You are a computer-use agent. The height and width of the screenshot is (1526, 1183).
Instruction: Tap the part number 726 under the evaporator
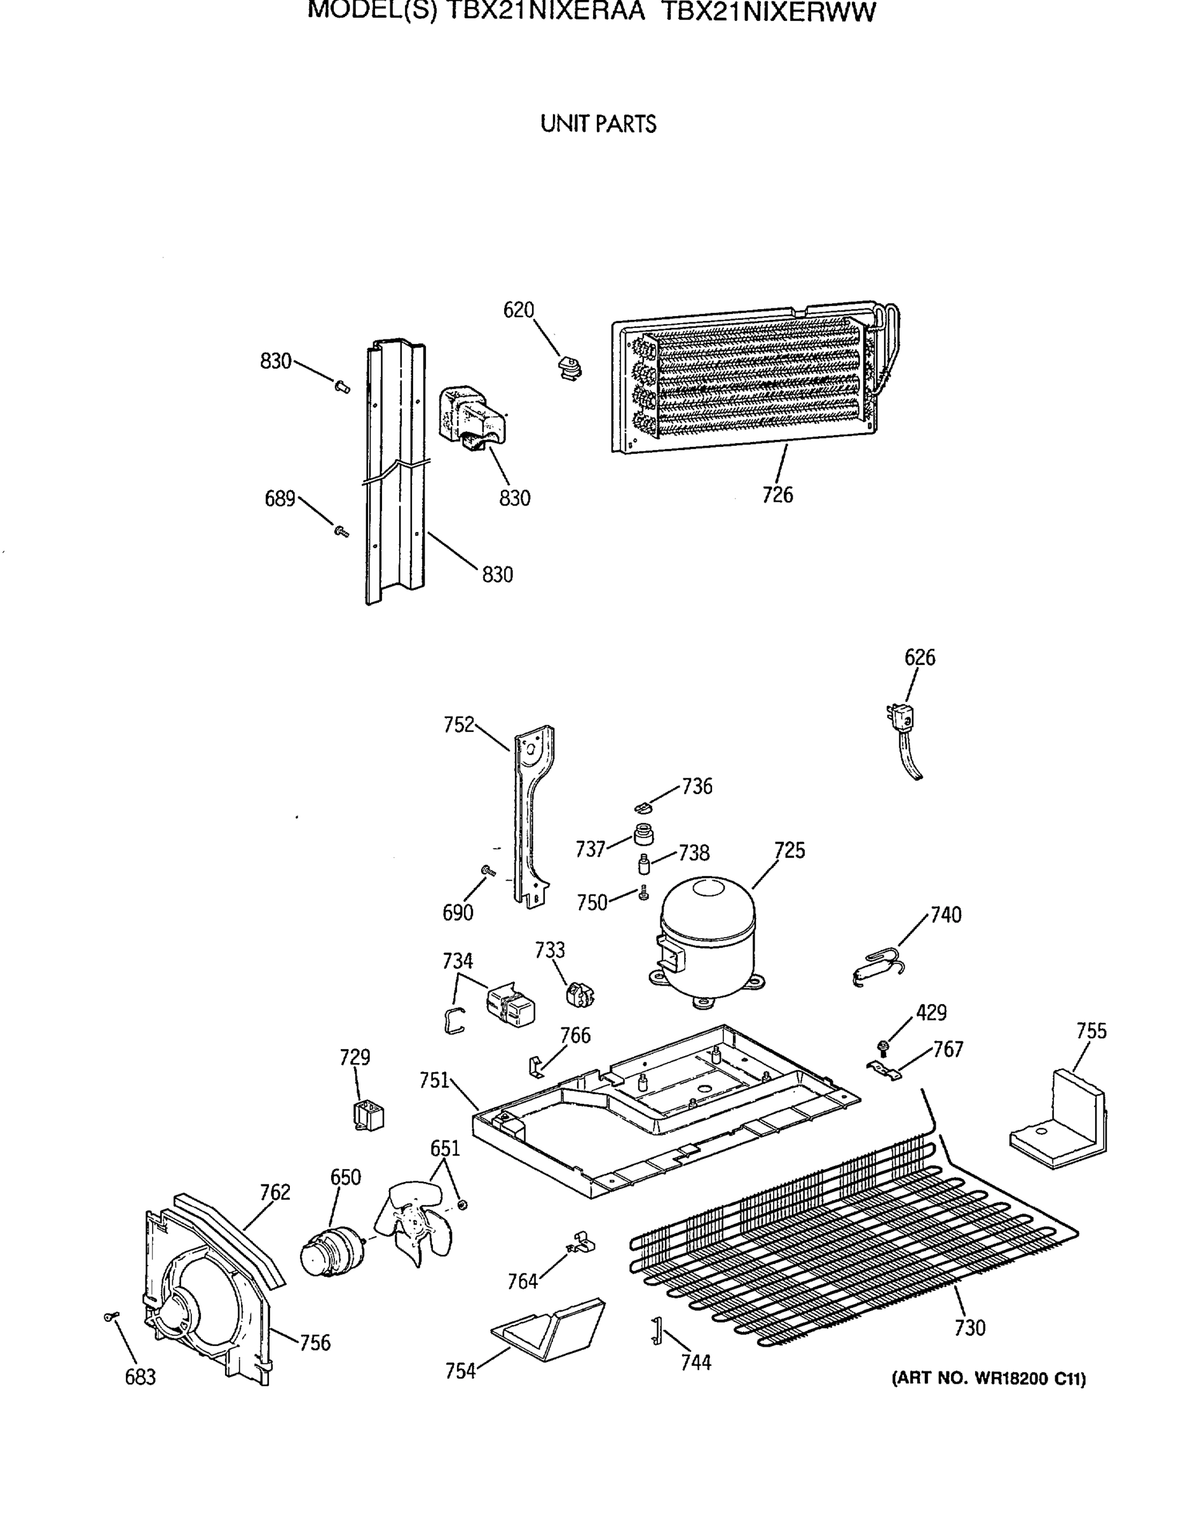click(777, 495)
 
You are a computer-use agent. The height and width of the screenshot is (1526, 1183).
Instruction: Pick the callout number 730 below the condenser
click(969, 1328)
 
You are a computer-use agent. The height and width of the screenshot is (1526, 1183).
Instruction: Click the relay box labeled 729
click(368, 1115)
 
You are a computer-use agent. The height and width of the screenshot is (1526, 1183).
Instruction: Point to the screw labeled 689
click(341, 532)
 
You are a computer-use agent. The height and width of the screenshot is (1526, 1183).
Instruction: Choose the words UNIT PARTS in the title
click(598, 125)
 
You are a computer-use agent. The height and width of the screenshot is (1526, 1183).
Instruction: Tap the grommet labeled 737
click(643, 834)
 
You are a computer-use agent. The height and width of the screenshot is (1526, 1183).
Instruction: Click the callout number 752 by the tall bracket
click(459, 725)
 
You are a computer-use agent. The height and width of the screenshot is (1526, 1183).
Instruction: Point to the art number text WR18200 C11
click(988, 1378)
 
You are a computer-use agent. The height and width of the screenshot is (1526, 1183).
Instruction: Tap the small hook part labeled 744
click(657, 1330)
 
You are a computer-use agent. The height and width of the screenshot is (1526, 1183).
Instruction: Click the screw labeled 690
click(488, 870)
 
